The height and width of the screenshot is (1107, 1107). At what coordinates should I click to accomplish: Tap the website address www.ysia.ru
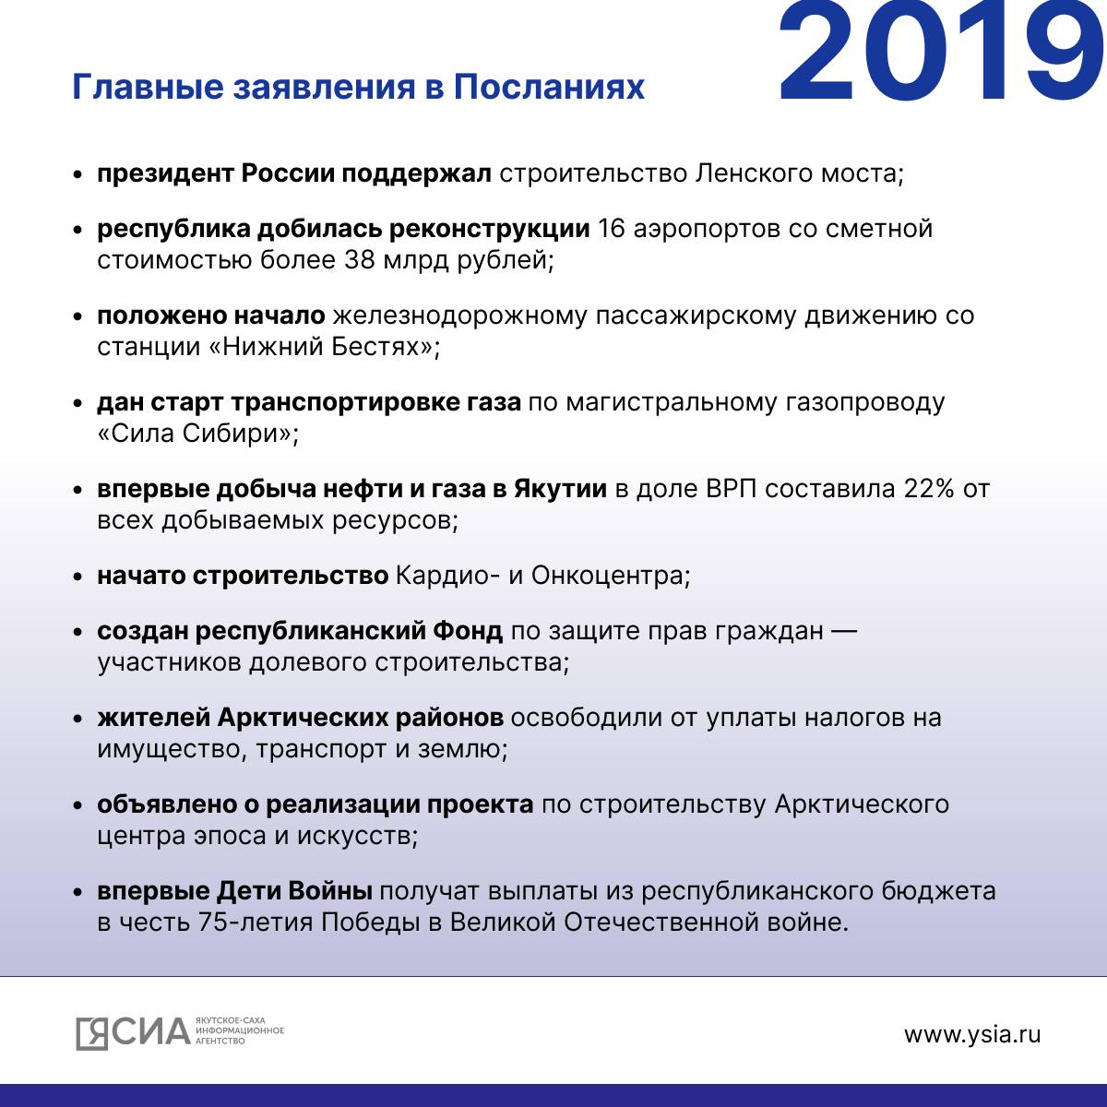pos(972,1034)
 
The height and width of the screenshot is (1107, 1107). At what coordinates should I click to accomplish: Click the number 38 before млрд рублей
pos(361,260)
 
